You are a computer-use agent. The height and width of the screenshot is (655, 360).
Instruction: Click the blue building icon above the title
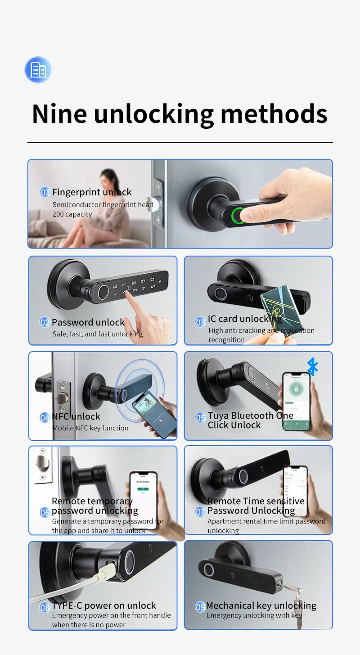pos(38,70)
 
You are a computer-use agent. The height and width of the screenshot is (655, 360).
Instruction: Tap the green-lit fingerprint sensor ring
pos(239,216)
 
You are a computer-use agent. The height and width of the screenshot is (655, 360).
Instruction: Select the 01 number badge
pos(45,193)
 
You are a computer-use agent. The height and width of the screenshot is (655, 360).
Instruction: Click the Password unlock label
pos(88,322)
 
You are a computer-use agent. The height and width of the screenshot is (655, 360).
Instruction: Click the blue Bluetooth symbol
pos(312,366)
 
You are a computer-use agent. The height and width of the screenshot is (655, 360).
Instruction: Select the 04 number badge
pos(45,417)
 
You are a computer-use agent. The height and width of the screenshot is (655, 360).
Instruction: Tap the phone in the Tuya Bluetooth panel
pos(296,400)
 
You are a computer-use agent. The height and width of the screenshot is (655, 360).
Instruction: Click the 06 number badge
pos(45,512)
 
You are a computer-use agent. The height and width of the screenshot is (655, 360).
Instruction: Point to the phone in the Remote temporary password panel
pos(144,500)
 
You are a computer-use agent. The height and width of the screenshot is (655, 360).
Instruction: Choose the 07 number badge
pos(201,511)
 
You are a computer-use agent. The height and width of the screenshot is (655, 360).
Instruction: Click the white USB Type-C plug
pos(105,572)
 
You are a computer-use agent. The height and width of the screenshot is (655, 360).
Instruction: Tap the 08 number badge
pos(45,607)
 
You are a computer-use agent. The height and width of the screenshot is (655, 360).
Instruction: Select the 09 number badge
pos(201,607)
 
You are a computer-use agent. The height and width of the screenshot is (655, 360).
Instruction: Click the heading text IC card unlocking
pos(245,319)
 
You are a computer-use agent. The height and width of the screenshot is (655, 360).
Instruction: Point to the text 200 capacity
pos(72,214)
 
